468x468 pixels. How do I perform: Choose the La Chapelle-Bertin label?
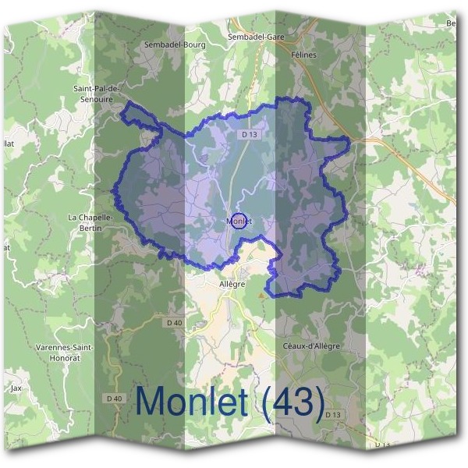[x=91, y=222]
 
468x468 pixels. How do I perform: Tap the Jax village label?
[x=16, y=387]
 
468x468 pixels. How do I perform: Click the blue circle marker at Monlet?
[x=239, y=221]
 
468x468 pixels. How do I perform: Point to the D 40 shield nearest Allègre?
[x=174, y=322]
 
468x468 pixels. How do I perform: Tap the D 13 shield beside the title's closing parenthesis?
[x=333, y=413]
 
